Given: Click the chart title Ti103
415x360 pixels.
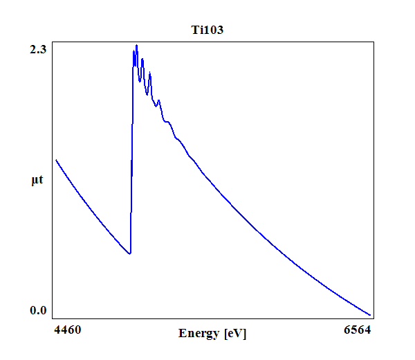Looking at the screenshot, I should click(x=207, y=30).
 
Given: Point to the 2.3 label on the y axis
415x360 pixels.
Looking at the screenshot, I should click(x=37, y=49).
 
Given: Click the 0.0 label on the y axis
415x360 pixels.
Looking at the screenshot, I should click(x=37, y=310).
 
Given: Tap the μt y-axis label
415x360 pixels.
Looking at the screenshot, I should click(x=37, y=181).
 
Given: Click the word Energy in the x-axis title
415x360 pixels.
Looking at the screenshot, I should click(x=200, y=334).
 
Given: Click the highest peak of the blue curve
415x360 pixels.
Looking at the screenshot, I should click(x=136, y=46).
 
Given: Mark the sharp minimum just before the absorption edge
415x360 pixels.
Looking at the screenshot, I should click(x=130, y=254).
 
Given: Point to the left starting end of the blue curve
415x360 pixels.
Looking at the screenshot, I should click(x=56, y=160).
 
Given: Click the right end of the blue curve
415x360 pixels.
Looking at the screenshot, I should click(x=371, y=314).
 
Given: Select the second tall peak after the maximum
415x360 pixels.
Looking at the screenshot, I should click(x=142, y=59).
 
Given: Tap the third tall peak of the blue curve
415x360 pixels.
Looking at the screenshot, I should click(x=149, y=73).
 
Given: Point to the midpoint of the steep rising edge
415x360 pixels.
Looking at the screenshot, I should click(x=131, y=152).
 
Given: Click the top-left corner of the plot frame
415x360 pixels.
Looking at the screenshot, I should click(x=53, y=42).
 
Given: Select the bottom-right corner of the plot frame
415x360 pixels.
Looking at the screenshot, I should click(x=374, y=318).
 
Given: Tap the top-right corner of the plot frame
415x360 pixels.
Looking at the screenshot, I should click(x=374, y=42).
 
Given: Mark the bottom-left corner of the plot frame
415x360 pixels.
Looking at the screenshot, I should click(x=53, y=318).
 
